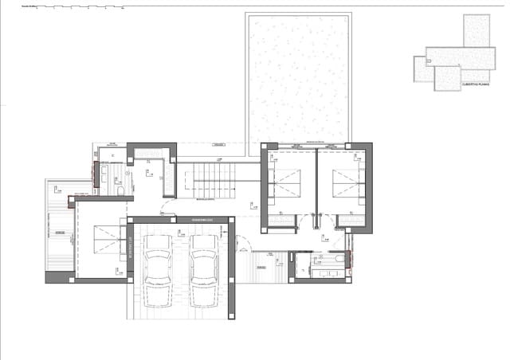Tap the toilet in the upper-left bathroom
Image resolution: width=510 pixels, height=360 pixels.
(x=119, y=191)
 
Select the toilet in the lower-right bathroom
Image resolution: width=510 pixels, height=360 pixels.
(x=339, y=259)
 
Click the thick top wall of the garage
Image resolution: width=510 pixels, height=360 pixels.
(x=182, y=220)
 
